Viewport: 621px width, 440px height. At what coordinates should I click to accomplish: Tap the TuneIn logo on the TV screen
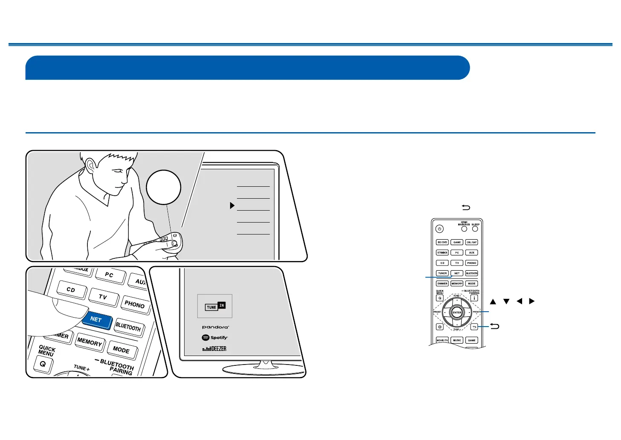215,306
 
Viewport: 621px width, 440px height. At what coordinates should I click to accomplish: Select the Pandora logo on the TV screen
215,327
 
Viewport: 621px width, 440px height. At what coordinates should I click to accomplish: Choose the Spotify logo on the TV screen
215,338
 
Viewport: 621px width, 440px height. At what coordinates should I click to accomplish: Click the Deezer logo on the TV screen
214,349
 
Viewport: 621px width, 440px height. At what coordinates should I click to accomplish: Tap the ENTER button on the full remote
457,313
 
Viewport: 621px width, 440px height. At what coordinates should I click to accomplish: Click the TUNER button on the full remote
442,273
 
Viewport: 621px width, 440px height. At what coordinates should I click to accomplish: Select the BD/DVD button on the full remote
442,242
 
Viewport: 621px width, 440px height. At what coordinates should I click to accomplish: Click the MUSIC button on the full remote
457,340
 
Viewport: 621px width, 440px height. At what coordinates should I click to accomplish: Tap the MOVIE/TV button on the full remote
442,340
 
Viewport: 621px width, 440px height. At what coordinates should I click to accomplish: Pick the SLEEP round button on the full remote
475,229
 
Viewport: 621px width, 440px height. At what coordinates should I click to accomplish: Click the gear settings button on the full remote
440,327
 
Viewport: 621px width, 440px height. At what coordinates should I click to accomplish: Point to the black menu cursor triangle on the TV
232,206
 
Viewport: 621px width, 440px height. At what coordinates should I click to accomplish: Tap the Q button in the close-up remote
43,365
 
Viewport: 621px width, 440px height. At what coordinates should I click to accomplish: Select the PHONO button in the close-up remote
135,304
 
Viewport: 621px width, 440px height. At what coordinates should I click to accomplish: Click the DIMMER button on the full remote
442,284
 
